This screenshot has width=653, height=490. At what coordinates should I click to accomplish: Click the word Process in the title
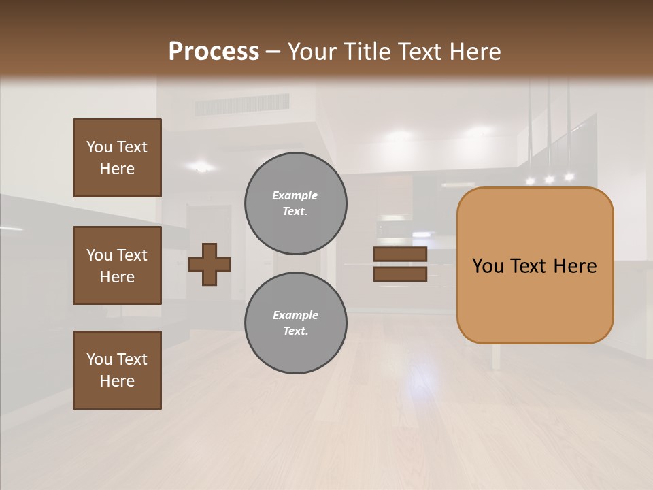tap(214, 51)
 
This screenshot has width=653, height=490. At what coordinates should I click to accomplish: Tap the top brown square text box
tap(117, 158)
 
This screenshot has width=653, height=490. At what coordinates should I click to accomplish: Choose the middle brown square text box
tap(117, 265)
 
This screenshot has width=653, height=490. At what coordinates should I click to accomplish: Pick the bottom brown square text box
tap(117, 370)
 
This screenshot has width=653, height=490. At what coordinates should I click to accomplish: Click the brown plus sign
tap(210, 264)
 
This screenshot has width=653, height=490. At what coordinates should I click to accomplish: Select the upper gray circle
tap(296, 203)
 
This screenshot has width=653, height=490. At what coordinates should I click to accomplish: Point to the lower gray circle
tap(296, 323)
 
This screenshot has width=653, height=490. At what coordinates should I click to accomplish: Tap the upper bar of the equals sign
tap(400, 255)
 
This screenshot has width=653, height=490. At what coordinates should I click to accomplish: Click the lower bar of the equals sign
tap(400, 274)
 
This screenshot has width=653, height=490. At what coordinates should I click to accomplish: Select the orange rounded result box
tap(535, 265)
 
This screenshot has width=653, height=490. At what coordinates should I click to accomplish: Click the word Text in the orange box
tap(535, 266)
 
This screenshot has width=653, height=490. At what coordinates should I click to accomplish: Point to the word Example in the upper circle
tap(295, 195)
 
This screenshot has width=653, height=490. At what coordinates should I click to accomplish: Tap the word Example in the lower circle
tap(295, 315)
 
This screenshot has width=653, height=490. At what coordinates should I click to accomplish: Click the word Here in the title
tap(474, 51)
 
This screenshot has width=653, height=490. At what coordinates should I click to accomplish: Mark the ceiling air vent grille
tap(242, 105)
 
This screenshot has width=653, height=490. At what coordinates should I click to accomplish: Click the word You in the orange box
tap(487, 266)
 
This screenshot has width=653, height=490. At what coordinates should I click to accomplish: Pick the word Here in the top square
tap(117, 169)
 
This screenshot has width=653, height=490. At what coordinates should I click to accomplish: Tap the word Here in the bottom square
tap(117, 381)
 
